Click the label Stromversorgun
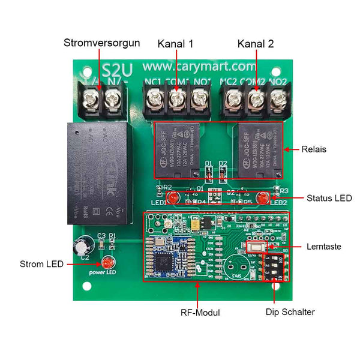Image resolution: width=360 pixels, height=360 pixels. tap(102, 43)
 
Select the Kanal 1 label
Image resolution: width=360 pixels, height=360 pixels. tap(176, 44)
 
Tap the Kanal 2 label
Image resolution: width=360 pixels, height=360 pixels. tap(256, 44)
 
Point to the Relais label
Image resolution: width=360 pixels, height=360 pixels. tap(314, 149)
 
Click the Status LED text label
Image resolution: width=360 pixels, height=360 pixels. tap(329, 198)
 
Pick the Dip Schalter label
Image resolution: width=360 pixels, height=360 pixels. tap(290, 312)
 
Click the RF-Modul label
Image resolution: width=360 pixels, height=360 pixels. tap(200, 313)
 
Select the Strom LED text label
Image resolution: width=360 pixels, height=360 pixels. tap(41, 263)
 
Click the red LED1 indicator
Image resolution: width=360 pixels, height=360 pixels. tap(171, 198)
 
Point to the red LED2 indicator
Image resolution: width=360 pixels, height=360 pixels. tap(262, 198)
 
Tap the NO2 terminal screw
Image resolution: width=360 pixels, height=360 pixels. tap(277, 98)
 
